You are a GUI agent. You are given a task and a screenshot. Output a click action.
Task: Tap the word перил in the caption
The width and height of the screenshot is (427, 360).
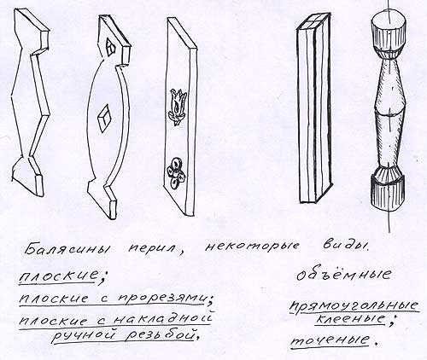156,248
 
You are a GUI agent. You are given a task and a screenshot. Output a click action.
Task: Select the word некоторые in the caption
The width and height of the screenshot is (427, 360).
252,247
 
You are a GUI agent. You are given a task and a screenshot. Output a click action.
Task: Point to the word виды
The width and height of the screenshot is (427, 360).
345,245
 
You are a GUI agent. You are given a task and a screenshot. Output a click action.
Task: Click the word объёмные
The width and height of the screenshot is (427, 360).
343,275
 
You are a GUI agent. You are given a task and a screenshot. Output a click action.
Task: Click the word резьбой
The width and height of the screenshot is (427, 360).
161,334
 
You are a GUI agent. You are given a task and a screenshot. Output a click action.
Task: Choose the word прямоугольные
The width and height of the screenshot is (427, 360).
354,305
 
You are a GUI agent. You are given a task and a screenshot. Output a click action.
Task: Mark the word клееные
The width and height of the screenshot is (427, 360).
350,319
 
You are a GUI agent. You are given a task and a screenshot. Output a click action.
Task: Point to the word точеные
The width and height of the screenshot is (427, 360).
330,340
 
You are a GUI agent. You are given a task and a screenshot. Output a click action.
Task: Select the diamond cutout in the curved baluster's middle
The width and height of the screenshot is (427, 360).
103,119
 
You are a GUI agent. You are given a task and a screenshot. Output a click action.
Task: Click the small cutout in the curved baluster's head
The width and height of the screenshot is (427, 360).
111,47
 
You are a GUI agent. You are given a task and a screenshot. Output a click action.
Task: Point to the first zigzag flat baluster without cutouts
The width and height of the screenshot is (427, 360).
30,102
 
